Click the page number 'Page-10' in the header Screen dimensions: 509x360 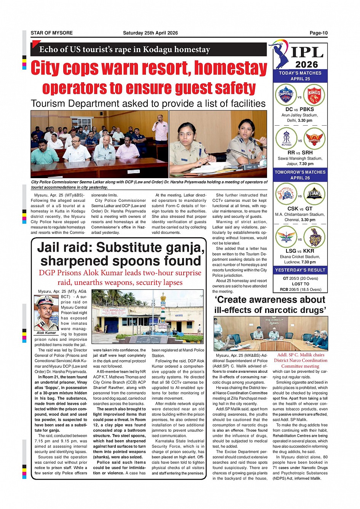(318, 33)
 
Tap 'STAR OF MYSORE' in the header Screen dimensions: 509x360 (51, 33)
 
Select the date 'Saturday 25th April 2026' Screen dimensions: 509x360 (150, 33)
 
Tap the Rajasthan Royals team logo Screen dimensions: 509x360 (286, 139)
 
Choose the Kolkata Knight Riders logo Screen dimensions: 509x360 (315, 237)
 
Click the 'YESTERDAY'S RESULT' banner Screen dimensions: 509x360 (300, 270)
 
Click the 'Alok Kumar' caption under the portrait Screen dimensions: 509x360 (46, 333)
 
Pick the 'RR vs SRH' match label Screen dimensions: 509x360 (300, 153)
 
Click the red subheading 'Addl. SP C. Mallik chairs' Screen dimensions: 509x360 (301, 355)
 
